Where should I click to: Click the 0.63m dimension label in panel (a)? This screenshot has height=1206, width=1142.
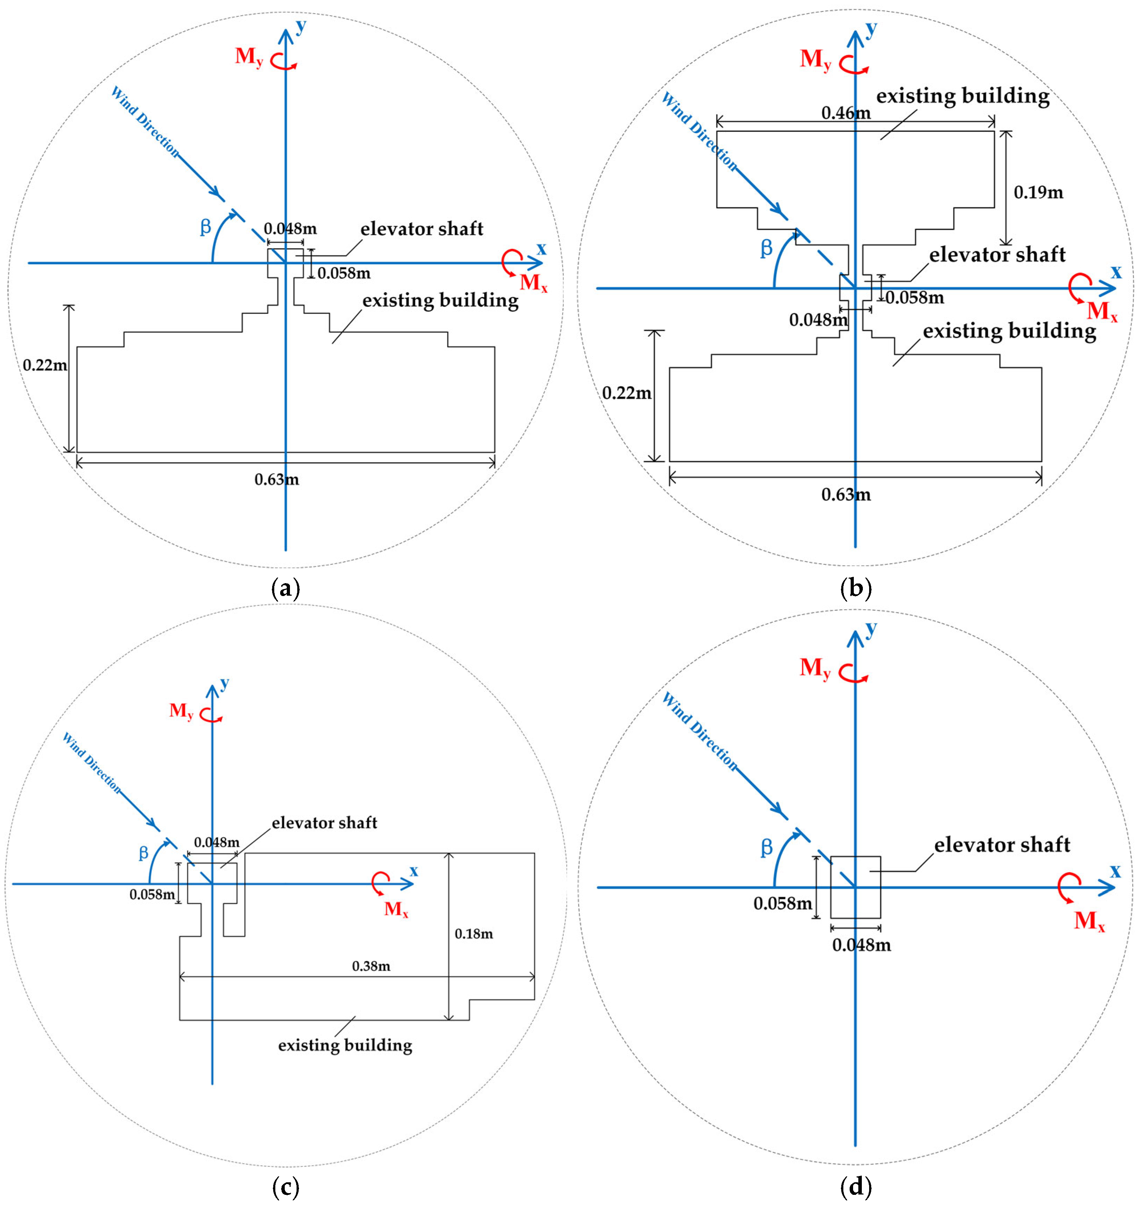point(277,480)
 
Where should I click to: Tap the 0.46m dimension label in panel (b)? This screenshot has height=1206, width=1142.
point(846,113)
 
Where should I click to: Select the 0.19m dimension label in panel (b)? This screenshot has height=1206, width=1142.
point(1038,192)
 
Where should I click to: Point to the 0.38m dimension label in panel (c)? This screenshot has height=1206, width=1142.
point(371,966)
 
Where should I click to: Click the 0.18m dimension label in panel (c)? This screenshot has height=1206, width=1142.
point(474,934)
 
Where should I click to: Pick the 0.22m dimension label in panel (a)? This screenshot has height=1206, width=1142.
point(45,365)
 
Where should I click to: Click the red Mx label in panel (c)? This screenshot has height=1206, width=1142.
point(396,909)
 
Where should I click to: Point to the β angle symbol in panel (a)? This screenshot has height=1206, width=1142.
point(206,227)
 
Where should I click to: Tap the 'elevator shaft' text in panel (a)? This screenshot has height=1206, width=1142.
point(422,229)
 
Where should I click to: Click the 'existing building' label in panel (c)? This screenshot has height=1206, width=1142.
point(345,1045)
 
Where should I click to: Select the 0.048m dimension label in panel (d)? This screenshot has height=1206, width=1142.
point(861,945)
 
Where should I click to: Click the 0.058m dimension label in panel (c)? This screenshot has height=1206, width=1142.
point(152,894)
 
